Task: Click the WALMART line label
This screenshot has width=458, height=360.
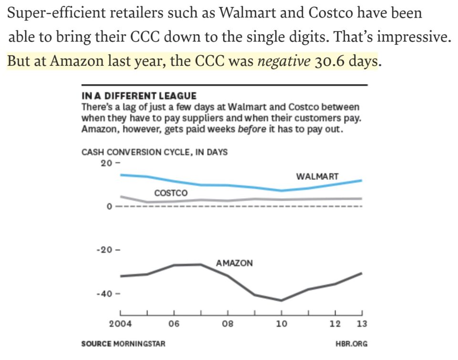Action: click(x=317, y=177)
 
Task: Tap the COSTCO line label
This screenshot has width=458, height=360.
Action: click(x=171, y=193)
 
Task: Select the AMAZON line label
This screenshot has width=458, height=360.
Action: click(x=234, y=263)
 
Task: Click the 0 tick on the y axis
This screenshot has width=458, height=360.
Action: click(x=110, y=206)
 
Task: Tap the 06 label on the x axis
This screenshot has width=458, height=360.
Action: click(x=174, y=324)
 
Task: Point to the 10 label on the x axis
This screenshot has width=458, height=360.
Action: click(x=281, y=324)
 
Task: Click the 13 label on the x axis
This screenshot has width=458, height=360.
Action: click(x=362, y=324)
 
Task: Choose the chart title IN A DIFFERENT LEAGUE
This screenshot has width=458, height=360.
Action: click(x=139, y=96)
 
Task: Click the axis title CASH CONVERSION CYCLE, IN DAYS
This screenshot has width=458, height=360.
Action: click(x=155, y=153)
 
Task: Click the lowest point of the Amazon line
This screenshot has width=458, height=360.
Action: click(x=281, y=300)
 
